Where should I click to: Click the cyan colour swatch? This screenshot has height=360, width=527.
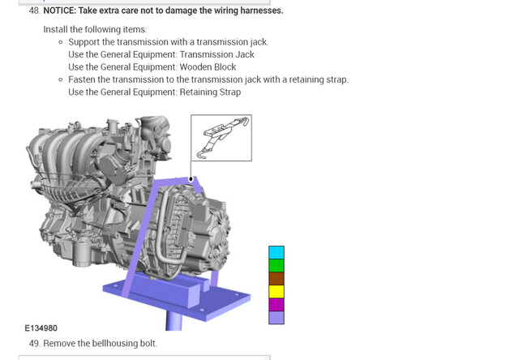tap(276, 252)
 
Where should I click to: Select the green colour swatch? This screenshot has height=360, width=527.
tap(276, 266)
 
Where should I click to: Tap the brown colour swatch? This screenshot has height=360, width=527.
tap(276, 279)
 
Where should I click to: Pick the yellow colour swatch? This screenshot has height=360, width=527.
tap(276, 291)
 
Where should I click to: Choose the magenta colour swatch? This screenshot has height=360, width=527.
tap(276, 305)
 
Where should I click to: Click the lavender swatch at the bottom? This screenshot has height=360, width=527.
tap(276, 317)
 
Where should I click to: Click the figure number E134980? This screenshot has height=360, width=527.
tap(41, 328)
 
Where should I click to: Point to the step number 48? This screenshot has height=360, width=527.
tap(35, 11)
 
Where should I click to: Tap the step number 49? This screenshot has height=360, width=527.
tap(35, 343)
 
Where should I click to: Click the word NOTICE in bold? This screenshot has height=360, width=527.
tap(59, 11)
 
